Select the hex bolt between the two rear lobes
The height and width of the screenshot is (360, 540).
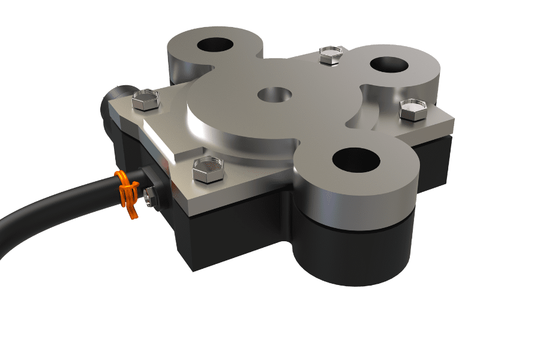(x=331, y=55)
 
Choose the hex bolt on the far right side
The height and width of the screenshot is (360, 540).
(x=413, y=110)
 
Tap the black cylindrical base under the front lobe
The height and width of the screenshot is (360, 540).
(x=354, y=252)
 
